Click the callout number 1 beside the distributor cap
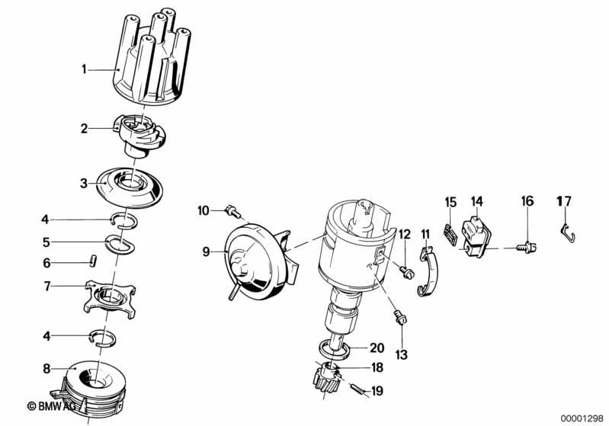click(x=84, y=69)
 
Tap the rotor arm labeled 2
click(x=139, y=134)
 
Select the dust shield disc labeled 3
click(x=130, y=187)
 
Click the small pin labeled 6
click(x=93, y=261)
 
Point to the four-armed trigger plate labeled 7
click(x=110, y=299)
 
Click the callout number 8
click(x=46, y=369)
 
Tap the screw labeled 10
click(x=232, y=212)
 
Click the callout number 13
click(x=401, y=354)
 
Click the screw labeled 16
click(x=526, y=247)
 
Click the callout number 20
click(x=377, y=348)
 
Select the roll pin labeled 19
click(x=359, y=390)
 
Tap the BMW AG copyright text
click(x=51, y=406)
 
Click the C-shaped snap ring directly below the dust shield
click(x=123, y=220)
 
